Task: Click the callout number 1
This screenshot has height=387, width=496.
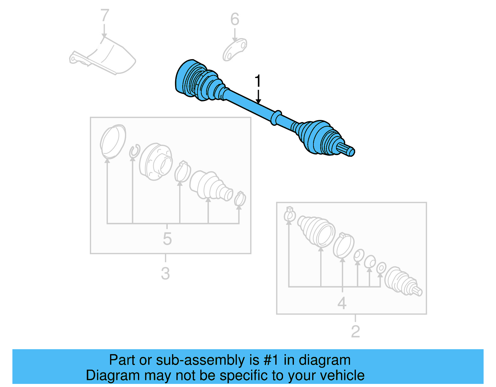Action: coord(258,81)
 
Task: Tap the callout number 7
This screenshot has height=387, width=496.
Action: coord(105,15)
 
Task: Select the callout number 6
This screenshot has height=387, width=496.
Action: coord(235,20)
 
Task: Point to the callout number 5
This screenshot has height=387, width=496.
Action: coord(167,239)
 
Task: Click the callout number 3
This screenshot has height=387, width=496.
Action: coord(165,273)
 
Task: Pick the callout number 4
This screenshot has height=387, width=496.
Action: coord(342,303)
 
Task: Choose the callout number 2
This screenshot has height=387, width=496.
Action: coord(355,332)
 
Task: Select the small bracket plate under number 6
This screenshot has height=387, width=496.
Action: coord(235,50)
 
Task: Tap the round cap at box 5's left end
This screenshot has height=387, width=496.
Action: coord(113,141)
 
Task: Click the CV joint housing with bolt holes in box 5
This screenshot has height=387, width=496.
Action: coord(156,161)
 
